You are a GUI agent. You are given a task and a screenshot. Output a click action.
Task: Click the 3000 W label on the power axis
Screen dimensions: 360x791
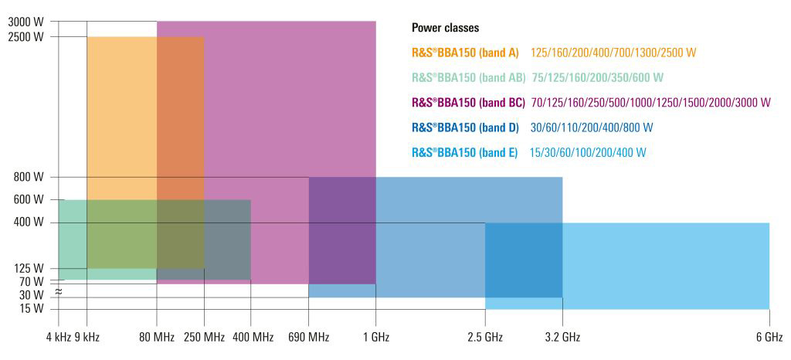pos(25,22)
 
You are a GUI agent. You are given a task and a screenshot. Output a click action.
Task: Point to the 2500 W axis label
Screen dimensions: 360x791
pos(25,36)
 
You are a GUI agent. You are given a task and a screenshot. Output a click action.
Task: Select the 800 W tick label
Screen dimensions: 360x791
pos(29,178)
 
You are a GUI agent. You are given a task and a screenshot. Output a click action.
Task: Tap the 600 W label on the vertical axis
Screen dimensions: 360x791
pos(29,200)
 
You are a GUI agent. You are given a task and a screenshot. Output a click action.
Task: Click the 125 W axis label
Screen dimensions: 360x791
pos(29,269)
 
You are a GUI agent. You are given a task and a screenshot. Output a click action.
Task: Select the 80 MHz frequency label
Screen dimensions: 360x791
pos(156,337)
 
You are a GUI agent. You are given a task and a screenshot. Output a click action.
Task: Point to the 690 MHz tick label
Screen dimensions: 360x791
pos(308,337)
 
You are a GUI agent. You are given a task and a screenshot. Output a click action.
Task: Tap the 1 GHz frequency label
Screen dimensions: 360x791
pos(375,337)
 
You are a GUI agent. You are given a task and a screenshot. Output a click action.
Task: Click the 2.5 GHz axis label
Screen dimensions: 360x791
pos(486,337)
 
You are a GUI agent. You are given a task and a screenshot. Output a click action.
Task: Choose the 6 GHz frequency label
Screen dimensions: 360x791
pos(769,337)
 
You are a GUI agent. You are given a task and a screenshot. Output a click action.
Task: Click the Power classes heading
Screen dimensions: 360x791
pos(445,28)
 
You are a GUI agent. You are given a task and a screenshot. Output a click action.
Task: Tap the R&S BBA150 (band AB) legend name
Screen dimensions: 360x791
pos(468,78)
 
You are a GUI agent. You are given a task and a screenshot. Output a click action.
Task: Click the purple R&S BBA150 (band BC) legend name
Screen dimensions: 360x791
pos(468,103)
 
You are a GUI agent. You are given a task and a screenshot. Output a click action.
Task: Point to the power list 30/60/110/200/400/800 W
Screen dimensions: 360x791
pos(592,127)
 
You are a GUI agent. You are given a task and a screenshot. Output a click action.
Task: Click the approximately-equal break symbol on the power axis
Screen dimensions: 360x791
pos(58,290)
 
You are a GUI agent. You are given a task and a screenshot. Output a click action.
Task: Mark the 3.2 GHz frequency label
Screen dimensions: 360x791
pos(562,337)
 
